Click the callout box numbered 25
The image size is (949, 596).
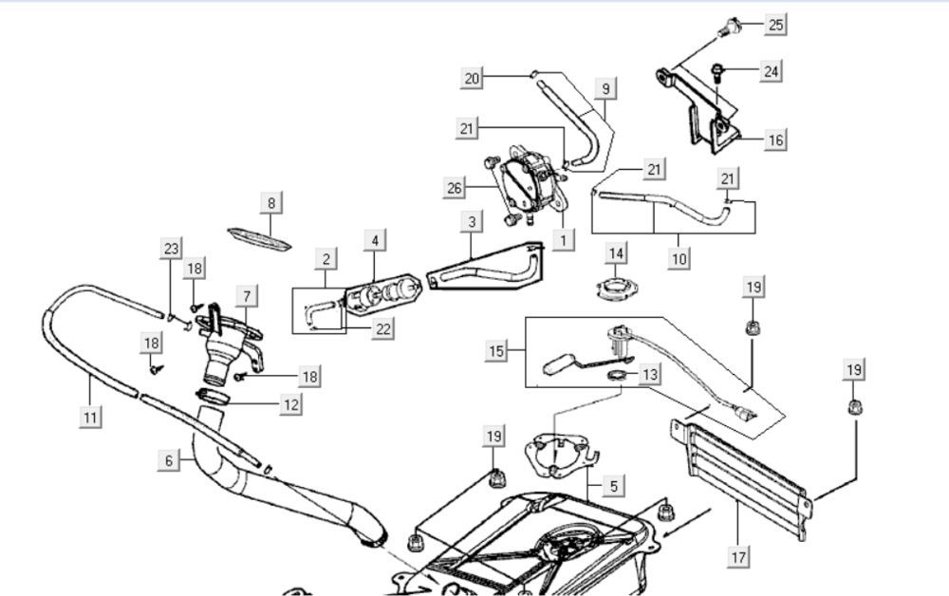pos(775,25)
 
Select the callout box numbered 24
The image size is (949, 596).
pos(771,71)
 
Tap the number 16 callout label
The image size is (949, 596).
pos(774,140)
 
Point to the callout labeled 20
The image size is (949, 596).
pos(473,79)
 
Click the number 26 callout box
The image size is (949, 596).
pos(455,189)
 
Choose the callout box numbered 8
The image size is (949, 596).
pos(271,202)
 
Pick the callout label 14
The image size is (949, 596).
pos(618,253)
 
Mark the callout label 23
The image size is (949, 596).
pos(171,250)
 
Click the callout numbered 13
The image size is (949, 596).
pos(649,374)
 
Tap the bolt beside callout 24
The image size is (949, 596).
pos(720,70)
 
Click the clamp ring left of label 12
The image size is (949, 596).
pos(213,394)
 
